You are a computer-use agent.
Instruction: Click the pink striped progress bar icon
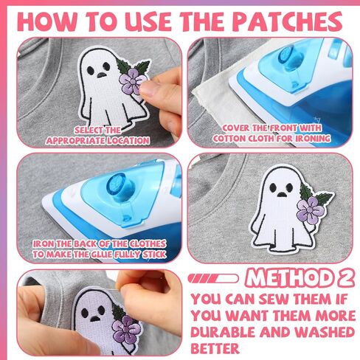(213, 279)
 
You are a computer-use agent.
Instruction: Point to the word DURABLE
(223, 332)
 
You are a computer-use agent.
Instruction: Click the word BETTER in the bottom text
(215, 348)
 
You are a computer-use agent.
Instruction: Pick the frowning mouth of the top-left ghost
(100, 75)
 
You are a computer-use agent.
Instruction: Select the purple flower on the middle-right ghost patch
(311, 210)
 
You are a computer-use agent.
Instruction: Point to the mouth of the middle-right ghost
(281, 195)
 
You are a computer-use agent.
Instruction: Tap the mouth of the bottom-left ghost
(94, 319)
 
